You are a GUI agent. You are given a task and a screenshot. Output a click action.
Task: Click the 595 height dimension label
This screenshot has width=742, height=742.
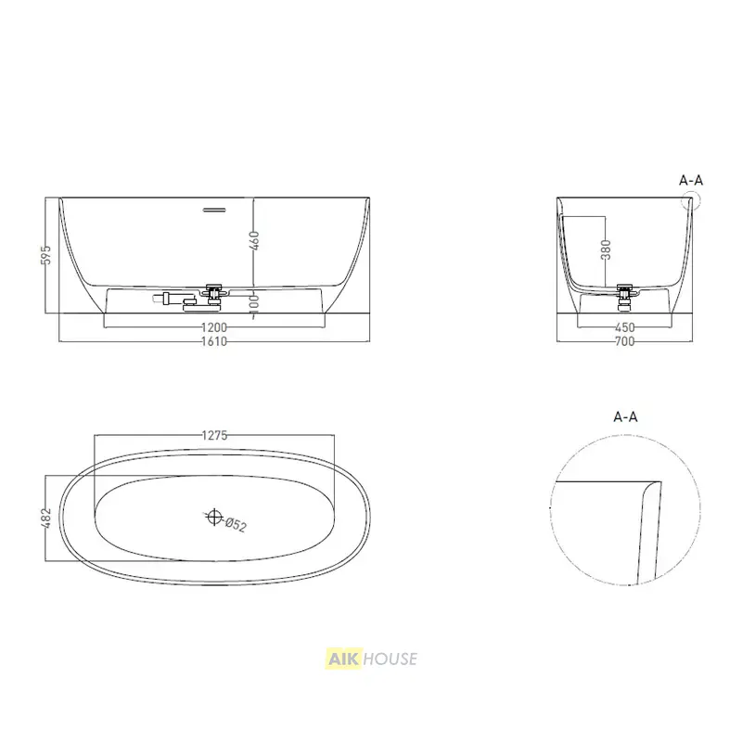tap(46, 254)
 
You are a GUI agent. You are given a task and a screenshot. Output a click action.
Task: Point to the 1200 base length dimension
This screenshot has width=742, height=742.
tap(214, 327)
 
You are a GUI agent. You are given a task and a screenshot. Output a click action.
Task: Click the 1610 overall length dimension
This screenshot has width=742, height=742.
tap(214, 341)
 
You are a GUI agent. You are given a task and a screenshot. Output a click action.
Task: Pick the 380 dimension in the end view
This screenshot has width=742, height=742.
tap(606, 249)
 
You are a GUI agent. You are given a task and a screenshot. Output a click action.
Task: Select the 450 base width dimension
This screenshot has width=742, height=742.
tap(624, 327)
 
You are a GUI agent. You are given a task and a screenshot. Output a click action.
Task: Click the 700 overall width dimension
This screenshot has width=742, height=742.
tap(624, 341)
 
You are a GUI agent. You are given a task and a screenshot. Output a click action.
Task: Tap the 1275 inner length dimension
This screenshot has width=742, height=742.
tap(214, 435)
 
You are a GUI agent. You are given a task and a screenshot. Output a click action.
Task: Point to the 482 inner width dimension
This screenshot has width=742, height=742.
tap(46, 518)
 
